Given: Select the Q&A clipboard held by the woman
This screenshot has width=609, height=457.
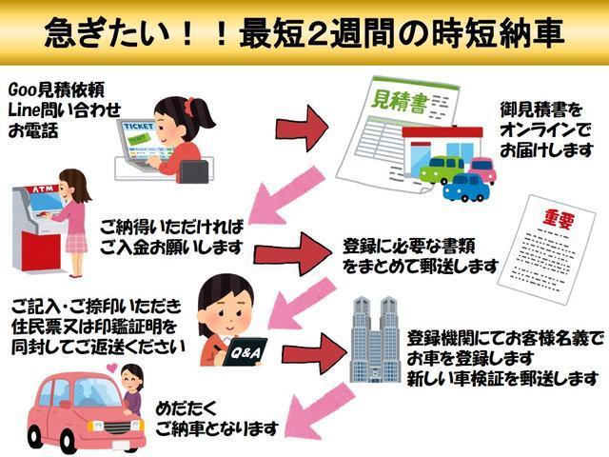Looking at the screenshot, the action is [245, 351].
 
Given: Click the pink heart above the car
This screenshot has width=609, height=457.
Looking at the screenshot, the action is [111, 368].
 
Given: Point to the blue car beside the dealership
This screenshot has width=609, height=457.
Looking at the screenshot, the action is [466, 188].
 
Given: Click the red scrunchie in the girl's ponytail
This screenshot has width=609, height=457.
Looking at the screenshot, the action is [189, 105].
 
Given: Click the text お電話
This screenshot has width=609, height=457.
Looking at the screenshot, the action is [33, 130].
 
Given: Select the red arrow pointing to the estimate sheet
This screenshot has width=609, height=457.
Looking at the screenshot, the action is [303, 128].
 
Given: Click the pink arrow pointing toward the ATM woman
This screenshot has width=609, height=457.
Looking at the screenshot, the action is [286, 195].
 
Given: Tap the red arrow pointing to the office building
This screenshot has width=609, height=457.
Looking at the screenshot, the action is [314, 353].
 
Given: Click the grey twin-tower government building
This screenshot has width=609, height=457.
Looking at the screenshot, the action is [375, 339].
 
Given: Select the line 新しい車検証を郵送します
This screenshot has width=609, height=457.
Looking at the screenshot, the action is [501, 378].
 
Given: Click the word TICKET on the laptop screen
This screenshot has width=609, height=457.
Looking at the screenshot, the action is [139, 127].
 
